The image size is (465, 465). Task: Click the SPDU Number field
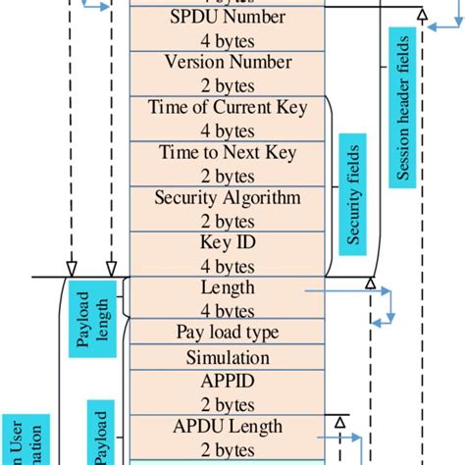tap(228, 28)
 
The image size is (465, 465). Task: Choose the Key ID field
tap(228, 252)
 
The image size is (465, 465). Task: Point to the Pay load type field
tap(228, 333)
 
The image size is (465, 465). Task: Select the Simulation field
tap(228, 357)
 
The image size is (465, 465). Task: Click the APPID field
tap(228, 391)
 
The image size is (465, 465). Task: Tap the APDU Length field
tap(228, 437)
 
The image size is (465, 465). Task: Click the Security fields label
tap(354, 195)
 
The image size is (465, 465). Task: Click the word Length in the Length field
tap(228, 287)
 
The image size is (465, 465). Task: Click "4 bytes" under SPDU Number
tap(228, 39)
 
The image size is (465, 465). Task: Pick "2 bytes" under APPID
tap(228, 402)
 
